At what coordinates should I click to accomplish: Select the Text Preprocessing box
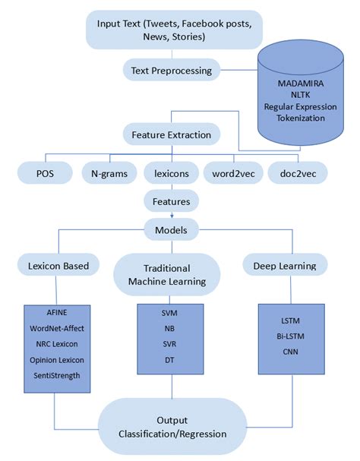click(x=172, y=70)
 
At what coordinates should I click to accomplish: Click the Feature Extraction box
click(x=172, y=134)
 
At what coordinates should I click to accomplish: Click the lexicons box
click(x=172, y=172)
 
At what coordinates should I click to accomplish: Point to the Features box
click(x=172, y=201)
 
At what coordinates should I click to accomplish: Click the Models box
click(x=172, y=229)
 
